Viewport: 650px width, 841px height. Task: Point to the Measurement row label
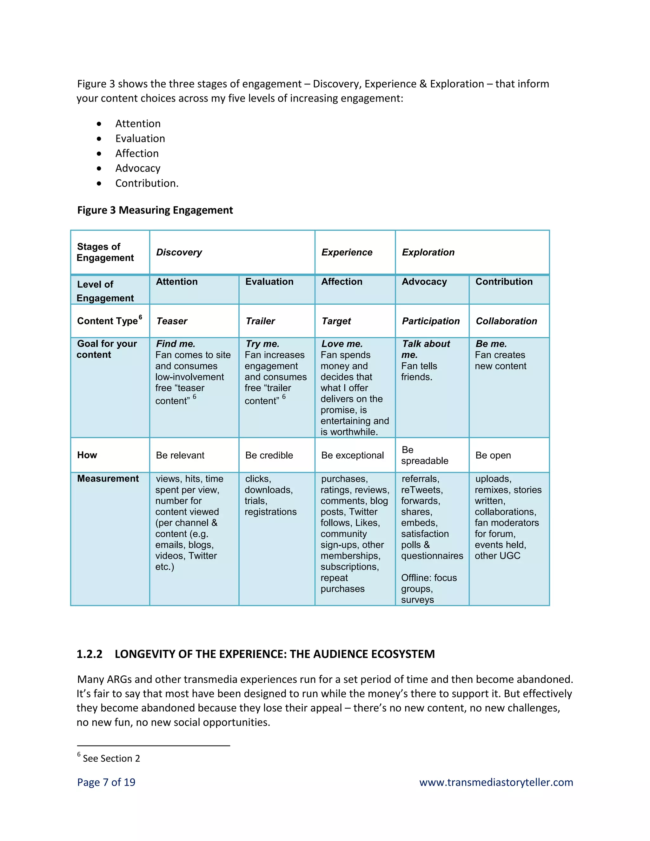click(108, 479)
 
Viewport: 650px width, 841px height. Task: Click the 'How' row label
click(87, 455)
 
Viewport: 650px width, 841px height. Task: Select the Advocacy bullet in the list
click(138, 168)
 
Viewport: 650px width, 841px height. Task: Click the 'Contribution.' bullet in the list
click(147, 183)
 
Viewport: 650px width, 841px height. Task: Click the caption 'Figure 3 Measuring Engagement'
click(155, 210)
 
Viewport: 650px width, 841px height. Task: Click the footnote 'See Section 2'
click(111, 758)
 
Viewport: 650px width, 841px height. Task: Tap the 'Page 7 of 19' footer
click(106, 782)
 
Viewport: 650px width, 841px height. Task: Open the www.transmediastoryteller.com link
click(496, 782)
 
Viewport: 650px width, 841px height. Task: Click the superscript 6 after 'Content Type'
click(141, 317)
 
